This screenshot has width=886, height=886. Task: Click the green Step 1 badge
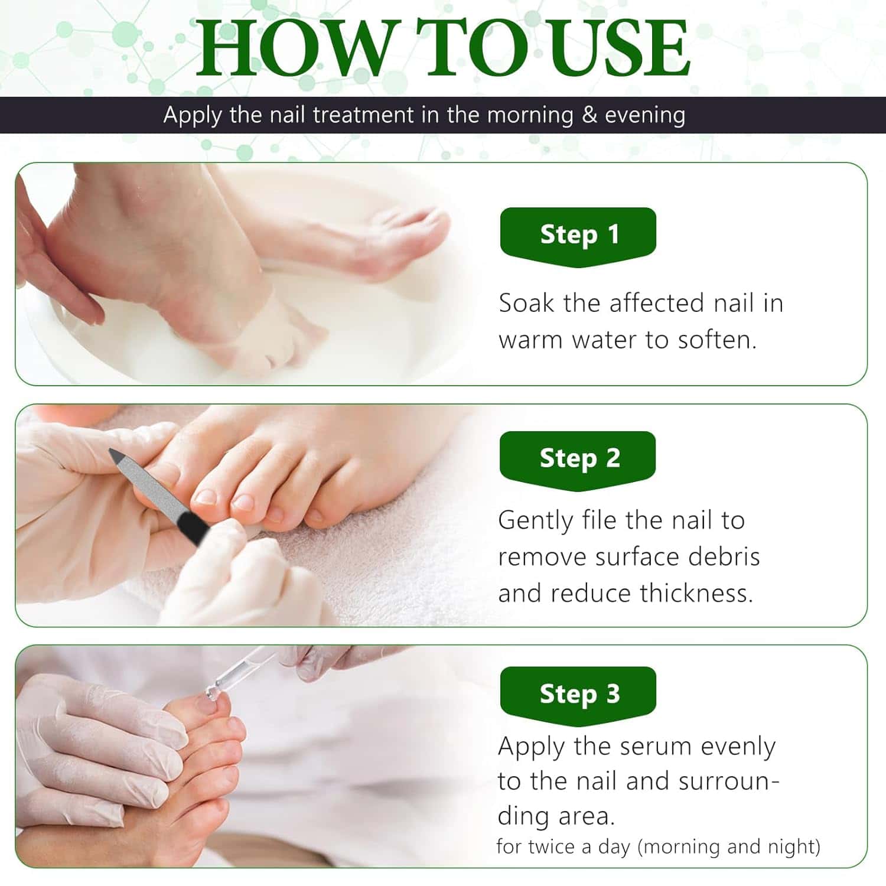[x=578, y=235]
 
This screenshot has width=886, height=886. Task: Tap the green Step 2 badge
[x=578, y=458]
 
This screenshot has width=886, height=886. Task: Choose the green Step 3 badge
[x=578, y=693]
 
